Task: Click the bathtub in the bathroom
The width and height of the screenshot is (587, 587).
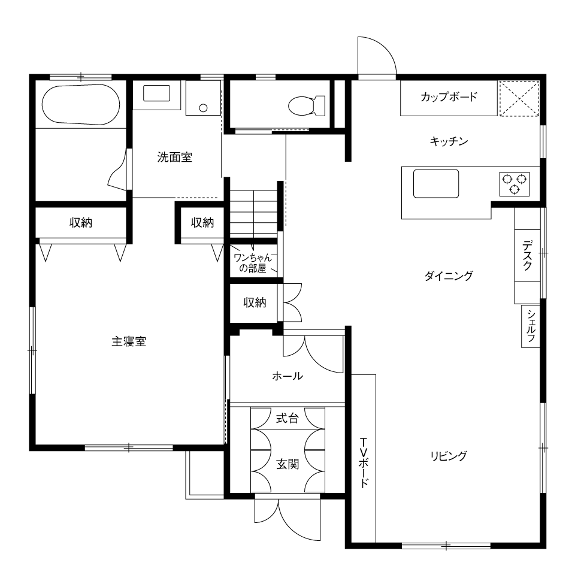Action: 81,104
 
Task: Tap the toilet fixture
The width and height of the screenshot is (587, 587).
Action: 307,105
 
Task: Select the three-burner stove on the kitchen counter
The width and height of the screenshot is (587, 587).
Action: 515,184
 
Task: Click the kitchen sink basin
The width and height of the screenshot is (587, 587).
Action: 436,183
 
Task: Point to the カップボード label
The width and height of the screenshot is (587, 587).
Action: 449,97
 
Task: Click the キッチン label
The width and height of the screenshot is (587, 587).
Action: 449,141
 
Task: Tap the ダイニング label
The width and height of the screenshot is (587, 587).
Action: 449,276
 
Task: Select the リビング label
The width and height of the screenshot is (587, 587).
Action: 449,456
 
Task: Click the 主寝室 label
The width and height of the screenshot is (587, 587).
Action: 129,342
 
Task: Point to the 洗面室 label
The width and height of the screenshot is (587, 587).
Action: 175,157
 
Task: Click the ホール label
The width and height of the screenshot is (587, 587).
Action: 288,376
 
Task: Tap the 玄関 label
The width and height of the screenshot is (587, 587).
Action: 288,464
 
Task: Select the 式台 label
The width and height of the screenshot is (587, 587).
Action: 288,418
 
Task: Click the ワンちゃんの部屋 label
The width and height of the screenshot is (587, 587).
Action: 253,263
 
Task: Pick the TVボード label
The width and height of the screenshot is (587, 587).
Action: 364,462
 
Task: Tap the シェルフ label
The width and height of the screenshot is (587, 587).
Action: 531,326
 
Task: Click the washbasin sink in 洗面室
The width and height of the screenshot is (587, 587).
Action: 156,93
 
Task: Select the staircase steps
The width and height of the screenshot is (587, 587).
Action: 254,213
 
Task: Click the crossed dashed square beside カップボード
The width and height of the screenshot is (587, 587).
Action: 519,99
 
